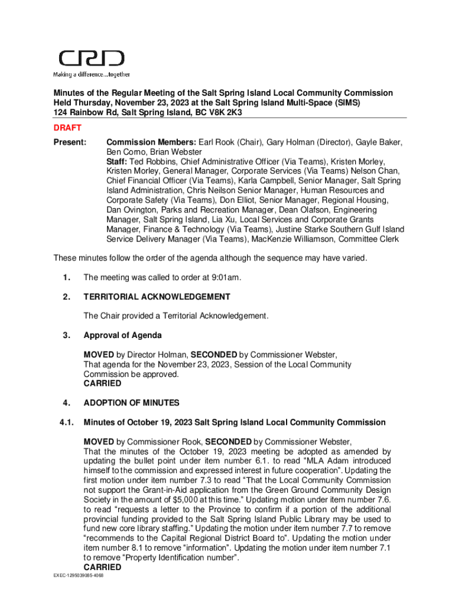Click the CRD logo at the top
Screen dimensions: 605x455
[x=91, y=58]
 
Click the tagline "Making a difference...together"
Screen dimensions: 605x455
[x=92, y=74]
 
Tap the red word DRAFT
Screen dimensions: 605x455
[x=67, y=128]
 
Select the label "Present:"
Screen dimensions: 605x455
[x=70, y=142]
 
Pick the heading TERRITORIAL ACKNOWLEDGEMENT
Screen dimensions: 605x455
[x=157, y=297]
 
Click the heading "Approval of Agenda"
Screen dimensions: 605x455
[x=122, y=336]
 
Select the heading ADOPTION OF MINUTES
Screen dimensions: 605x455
[x=131, y=403]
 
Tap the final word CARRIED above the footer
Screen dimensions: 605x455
[x=102, y=567]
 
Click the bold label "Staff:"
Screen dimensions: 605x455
[x=117, y=162]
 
